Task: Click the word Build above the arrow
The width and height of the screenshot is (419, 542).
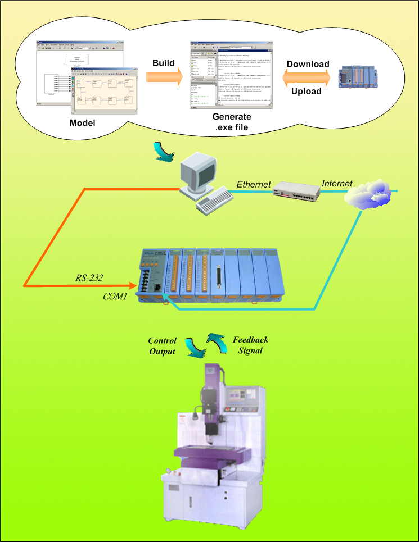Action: click(x=163, y=63)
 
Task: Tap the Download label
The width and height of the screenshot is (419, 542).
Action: click(x=308, y=64)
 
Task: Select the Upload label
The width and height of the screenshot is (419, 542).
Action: click(x=307, y=91)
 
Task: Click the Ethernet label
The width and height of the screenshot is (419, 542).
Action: click(x=254, y=184)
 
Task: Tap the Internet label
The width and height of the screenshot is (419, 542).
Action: click(x=337, y=183)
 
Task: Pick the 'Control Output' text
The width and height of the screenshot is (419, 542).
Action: click(x=162, y=347)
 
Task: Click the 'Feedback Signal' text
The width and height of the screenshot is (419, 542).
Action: click(x=250, y=345)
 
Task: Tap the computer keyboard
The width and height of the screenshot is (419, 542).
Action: click(x=214, y=200)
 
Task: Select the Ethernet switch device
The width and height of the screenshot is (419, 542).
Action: click(x=296, y=192)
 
